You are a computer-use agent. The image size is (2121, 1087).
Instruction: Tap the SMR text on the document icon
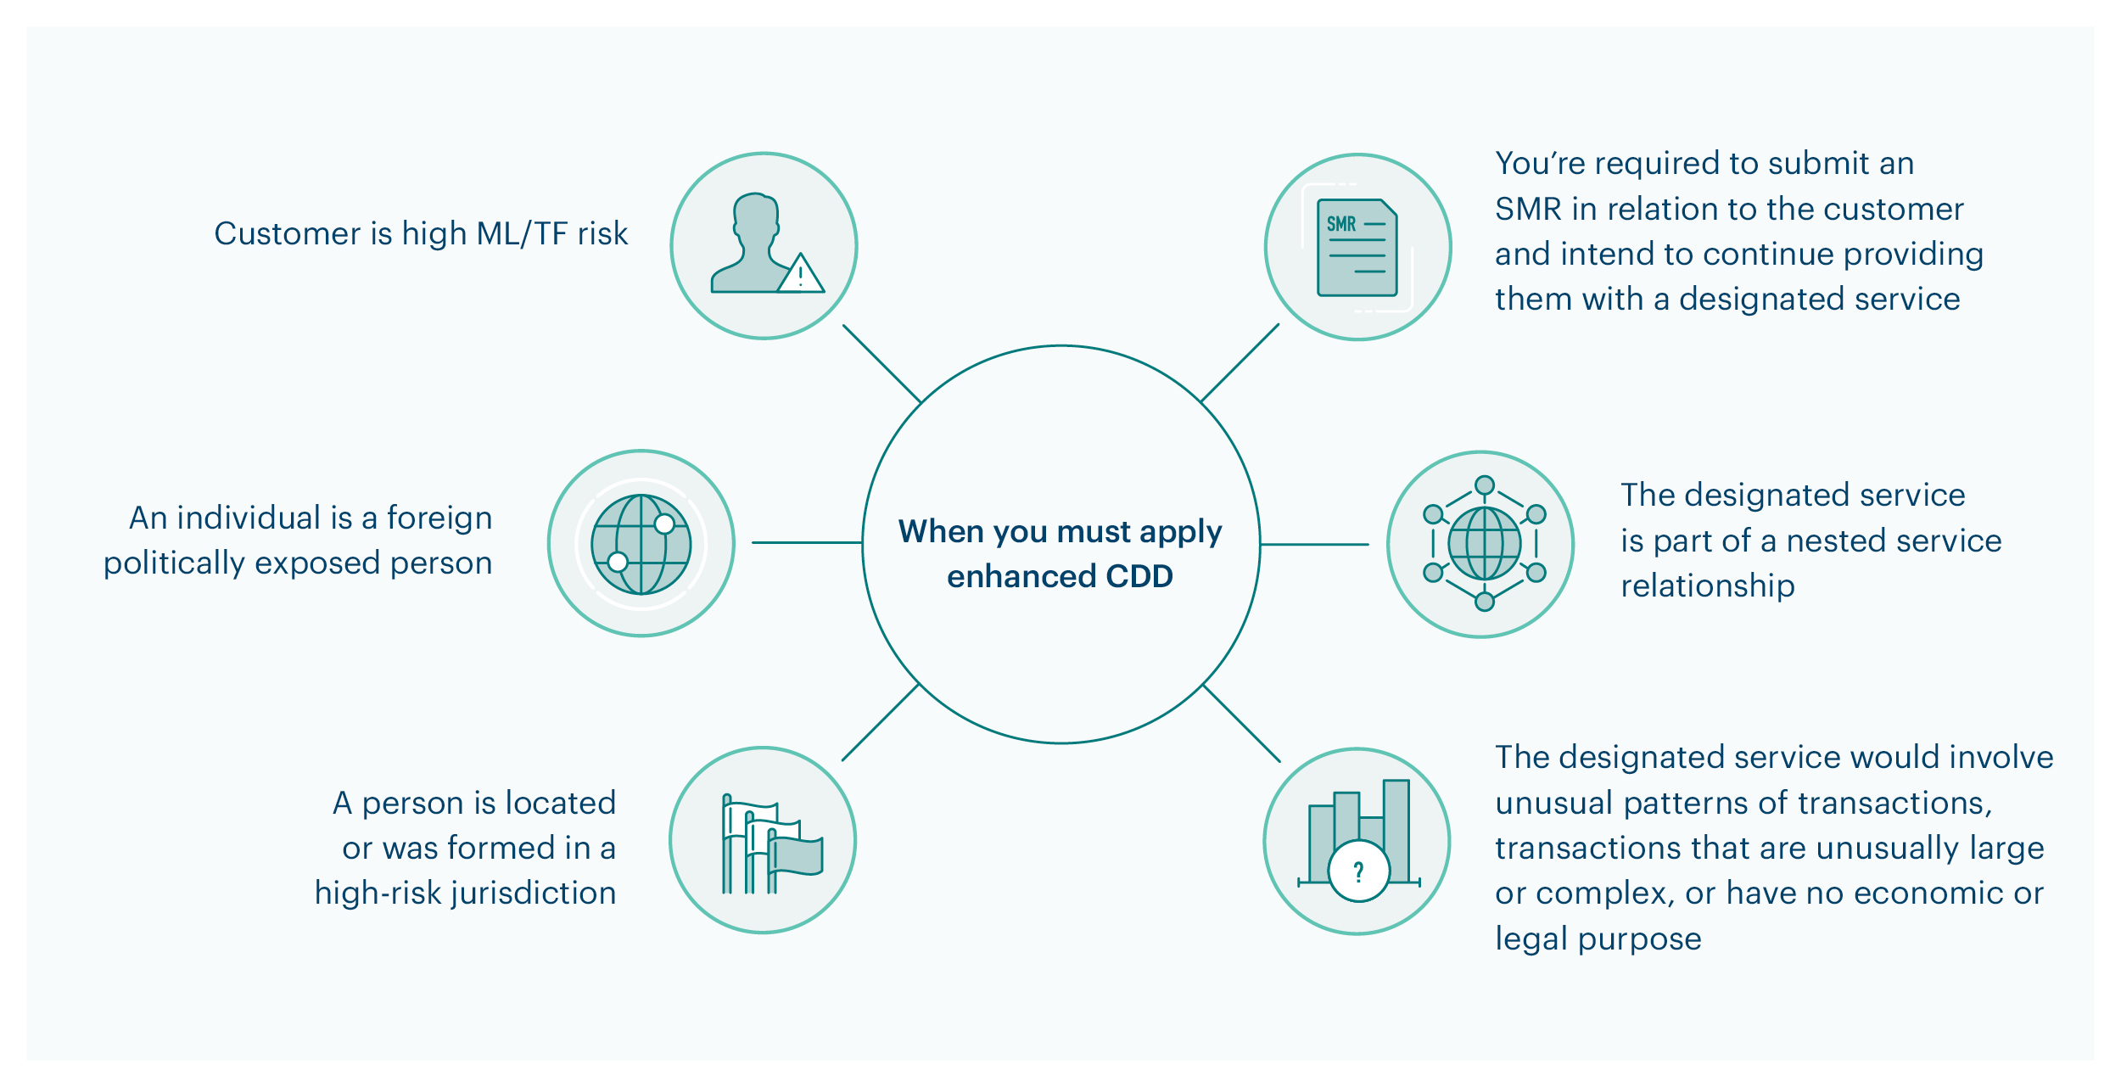tap(1341, 224)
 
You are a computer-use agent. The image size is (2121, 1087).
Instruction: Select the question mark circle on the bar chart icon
tap(1358, 871)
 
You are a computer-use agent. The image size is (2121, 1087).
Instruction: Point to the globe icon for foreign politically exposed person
tap(641, 544)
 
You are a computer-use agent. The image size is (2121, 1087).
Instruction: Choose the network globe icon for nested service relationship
tap(1484, 544)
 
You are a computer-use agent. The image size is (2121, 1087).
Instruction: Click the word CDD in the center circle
tap(1139, 577)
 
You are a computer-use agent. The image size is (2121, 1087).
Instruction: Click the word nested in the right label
tap(1810, 541)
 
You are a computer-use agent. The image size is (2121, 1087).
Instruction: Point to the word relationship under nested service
tap(1707, 586)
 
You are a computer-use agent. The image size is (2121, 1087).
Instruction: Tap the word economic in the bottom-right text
tap(1919, 894)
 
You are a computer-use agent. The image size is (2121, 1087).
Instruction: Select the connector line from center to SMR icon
tap(1240, 362)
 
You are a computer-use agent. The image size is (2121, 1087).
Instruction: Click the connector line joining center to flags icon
tap(881, 722)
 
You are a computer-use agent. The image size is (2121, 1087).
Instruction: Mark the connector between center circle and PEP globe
tap(806, 542)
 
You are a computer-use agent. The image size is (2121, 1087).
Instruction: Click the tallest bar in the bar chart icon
tap(1396, 827)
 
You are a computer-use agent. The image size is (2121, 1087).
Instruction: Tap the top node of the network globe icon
tap(1484, 485)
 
